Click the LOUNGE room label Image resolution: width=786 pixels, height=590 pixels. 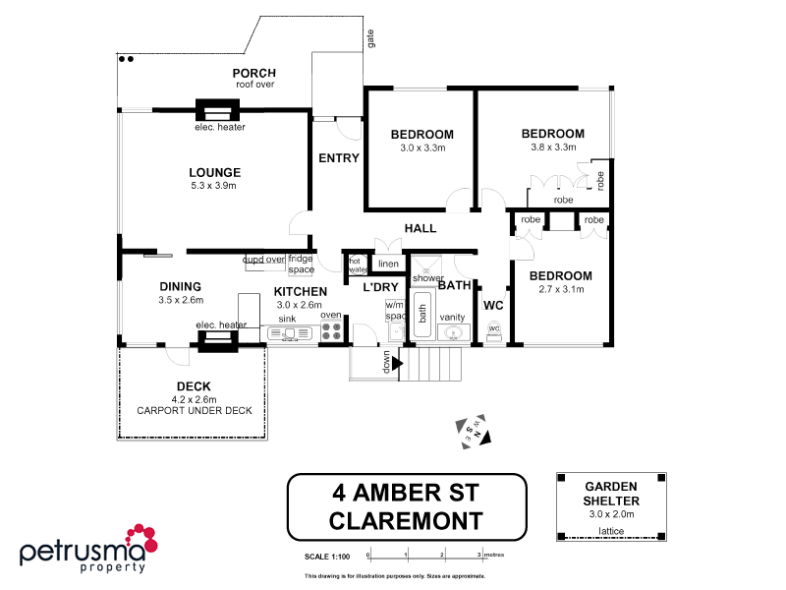[x=214, y=172]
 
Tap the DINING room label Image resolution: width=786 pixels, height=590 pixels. [x=180, y=287]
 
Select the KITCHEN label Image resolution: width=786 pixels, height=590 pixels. [x=300, y=292]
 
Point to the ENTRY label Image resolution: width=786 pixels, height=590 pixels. [x=339, y=158]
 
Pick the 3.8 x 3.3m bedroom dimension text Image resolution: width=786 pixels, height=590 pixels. [x=551, y=147]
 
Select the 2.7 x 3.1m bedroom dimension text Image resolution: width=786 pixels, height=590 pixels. [x=560, y=289]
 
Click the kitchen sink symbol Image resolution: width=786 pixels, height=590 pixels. [x=289, y=333]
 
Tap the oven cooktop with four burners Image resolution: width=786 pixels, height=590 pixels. [x=331, y=333]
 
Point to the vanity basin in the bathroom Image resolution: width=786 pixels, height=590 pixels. [x=453, y=332]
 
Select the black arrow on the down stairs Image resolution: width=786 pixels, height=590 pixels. [x=399, y=363]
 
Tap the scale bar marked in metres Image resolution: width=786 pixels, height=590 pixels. [x=424, y=557]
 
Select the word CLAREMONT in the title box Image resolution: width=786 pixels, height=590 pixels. [x=406, y=520]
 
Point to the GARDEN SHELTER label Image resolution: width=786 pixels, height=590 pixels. [x=611, y=494]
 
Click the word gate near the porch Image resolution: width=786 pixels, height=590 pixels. [x=371, y=38]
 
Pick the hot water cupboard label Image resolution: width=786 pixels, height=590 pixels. [x=358, y=265]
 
